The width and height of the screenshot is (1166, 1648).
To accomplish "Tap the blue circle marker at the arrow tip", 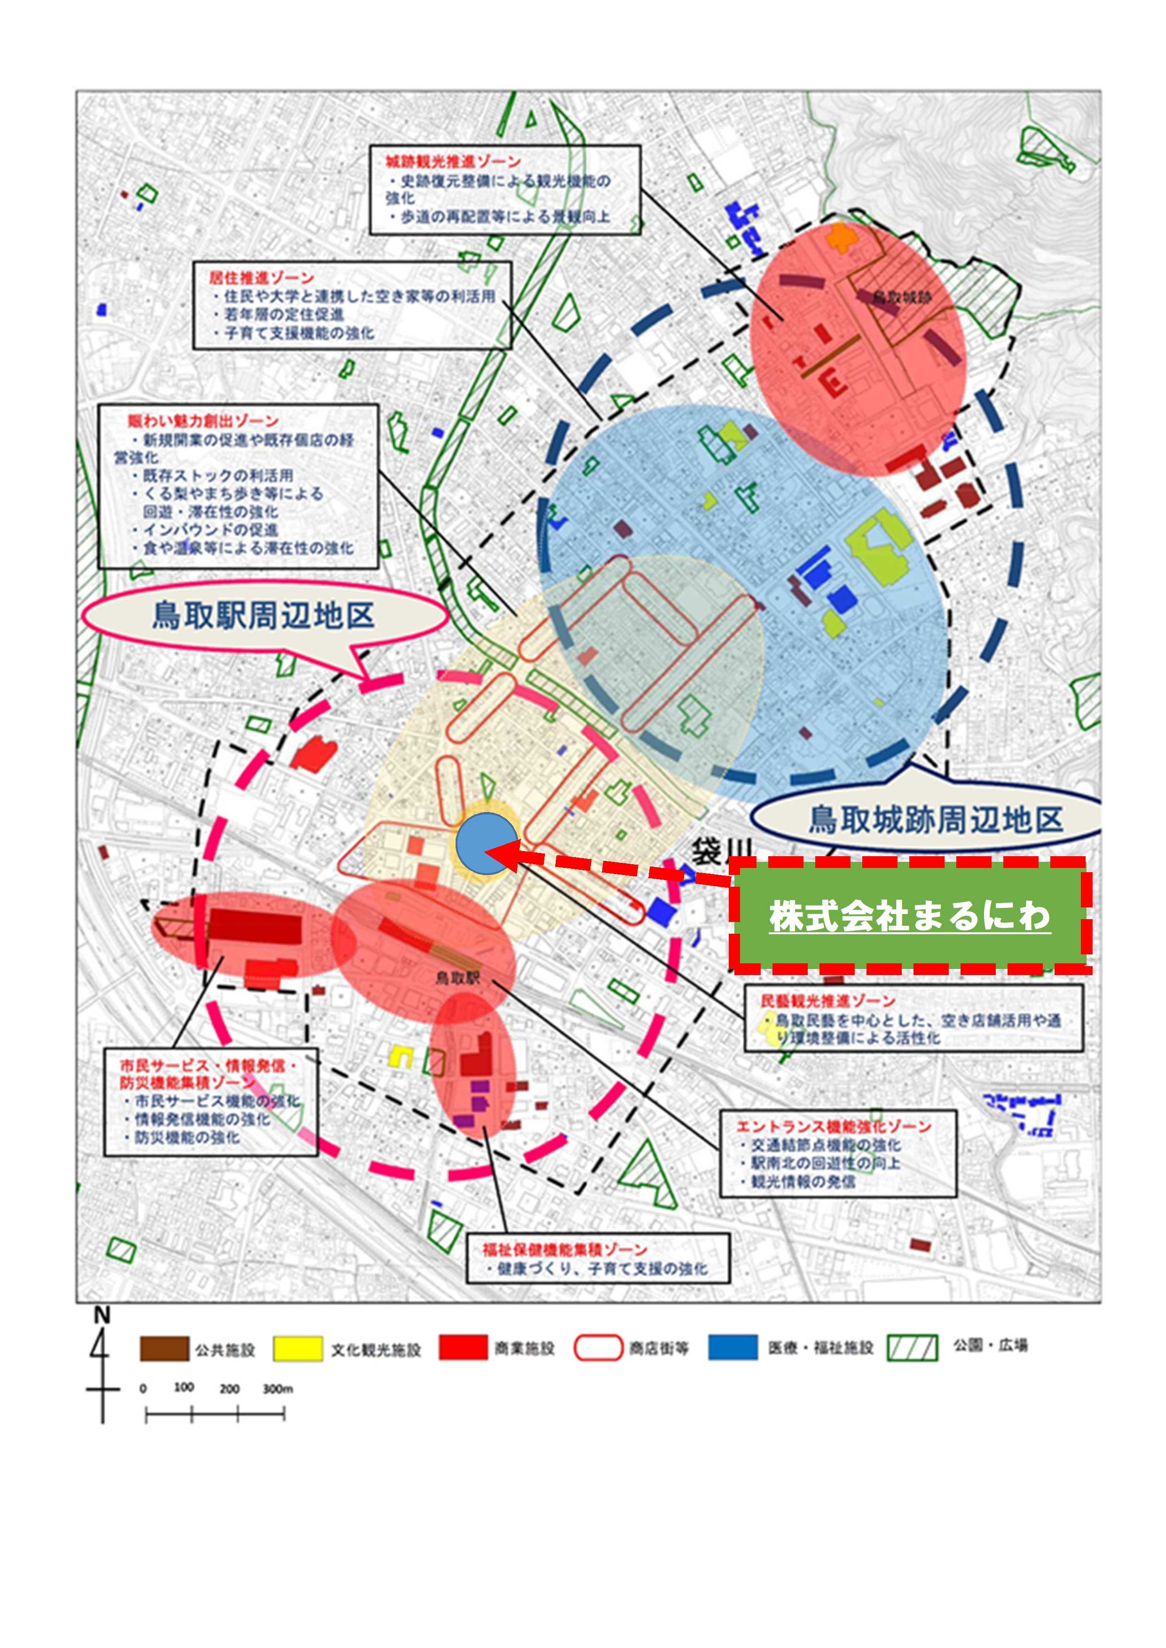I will point(486,844).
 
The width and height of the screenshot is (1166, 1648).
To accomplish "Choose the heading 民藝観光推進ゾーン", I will point(828,1000).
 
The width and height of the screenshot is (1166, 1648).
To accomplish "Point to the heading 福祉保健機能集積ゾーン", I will point(564,1250).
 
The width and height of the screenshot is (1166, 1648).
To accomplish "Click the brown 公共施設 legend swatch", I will point(165,1349).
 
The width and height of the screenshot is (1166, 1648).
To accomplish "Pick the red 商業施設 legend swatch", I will point(463,1348).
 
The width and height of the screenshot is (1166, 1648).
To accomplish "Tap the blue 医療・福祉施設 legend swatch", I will point(733,1348).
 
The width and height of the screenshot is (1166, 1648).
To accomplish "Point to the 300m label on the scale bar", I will point(277,1389).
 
